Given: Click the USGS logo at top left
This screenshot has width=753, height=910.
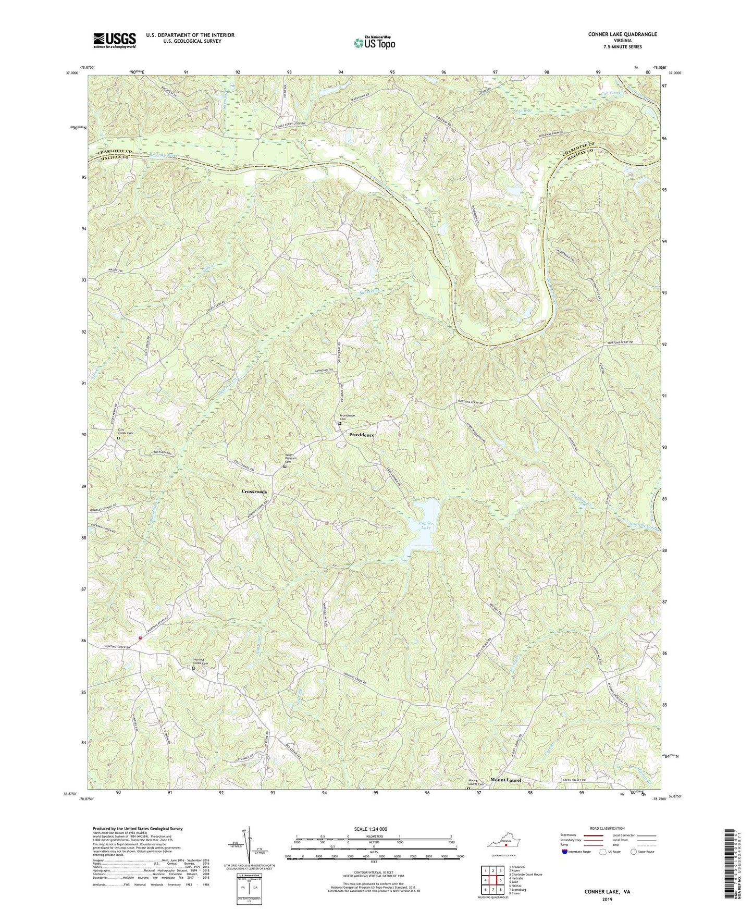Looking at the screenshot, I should tap(115, 40).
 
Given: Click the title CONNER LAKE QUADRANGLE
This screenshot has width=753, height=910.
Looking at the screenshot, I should tap(622, 34).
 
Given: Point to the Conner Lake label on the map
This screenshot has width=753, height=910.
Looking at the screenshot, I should tap(426, 525).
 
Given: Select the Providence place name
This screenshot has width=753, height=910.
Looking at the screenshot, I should tap(362, 435).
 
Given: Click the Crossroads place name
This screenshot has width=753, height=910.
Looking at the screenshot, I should tap(254, 491).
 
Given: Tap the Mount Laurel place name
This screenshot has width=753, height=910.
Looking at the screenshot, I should tap(505, 780).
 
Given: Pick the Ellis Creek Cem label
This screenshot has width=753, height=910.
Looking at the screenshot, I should tap(125, 432).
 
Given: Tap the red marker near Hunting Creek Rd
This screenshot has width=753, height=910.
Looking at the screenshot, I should tap(140, 637).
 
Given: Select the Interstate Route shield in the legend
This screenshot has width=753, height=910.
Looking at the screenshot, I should tap(565, 852).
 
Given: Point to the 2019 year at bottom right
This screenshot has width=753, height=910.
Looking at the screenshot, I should tap(607, 899).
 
